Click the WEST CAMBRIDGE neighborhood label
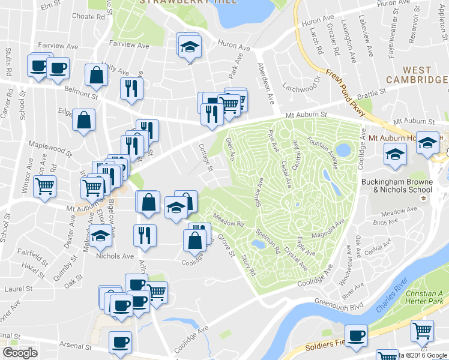point(417,75)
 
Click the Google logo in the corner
point(20,353)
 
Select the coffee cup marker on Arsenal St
point(119,341)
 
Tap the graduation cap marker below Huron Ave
point(190,46)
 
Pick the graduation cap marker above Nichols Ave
point(100,236)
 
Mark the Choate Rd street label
point(88,17)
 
